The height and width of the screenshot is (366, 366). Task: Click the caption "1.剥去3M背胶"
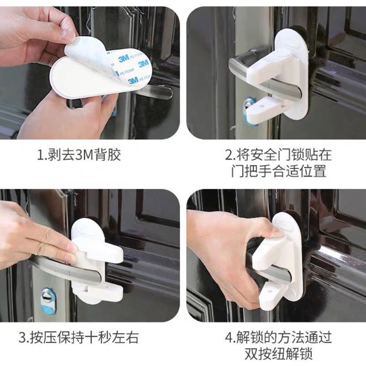[79, 155]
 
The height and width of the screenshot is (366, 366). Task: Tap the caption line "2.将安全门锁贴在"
[278, 155]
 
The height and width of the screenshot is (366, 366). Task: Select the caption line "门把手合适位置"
[279, 171]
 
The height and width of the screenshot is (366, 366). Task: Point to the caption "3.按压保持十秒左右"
[78, 338]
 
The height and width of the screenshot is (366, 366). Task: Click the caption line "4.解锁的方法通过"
[278, 338]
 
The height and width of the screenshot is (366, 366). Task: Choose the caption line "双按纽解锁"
[279, 354]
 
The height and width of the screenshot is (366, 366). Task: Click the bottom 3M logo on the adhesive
[133, 81]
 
